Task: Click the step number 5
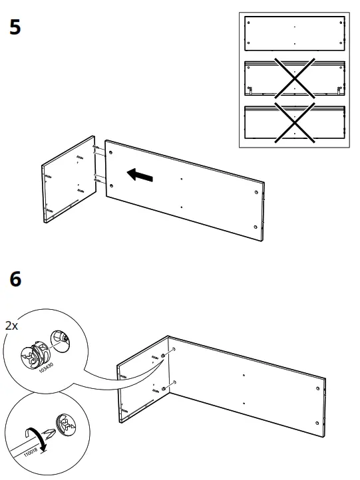click(15, 27)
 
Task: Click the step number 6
click(15, 279)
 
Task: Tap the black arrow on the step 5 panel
click(140, 175)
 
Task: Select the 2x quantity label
click(11, 325)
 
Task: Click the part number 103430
click(47, 368)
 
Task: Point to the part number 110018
click(31, 453)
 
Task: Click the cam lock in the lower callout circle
click(66, 424)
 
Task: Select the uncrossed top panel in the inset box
click(295, 34)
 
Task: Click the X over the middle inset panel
click(295, 78)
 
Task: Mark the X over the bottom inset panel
click(295, 123)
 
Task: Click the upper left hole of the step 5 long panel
click(110, 152)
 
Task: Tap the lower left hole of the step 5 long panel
click(111, 185)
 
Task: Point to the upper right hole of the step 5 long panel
click(256, 192)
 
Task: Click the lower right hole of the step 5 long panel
click(256, 227)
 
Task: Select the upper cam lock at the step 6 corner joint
click(162, 356)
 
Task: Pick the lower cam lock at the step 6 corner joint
click(163, 389)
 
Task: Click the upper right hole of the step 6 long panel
click(317, 388)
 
